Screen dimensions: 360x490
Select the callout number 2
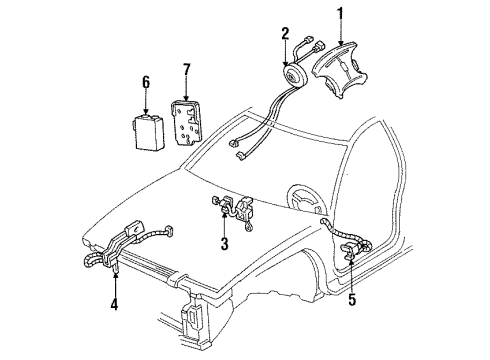285,33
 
